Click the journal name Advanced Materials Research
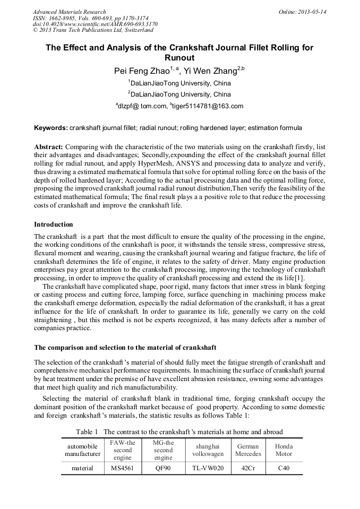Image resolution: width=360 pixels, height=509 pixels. click(69, 12)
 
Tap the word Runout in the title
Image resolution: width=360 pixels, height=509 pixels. click(179, 58)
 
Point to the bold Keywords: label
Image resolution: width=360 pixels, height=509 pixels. click(51, 128)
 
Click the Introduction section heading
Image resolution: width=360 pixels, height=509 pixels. click(54, 225)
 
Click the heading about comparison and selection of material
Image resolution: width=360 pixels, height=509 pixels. click(125, 348)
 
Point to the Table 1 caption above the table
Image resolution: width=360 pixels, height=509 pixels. click(179, 432)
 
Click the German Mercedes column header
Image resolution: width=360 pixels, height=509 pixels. click(248, 450)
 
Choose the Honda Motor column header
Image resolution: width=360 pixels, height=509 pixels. click(284, 450)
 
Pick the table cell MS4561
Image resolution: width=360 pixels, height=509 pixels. click(123, 468)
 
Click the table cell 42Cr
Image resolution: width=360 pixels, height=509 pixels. click(248, 468)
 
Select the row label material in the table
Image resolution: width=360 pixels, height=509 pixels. click(82, 468)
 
